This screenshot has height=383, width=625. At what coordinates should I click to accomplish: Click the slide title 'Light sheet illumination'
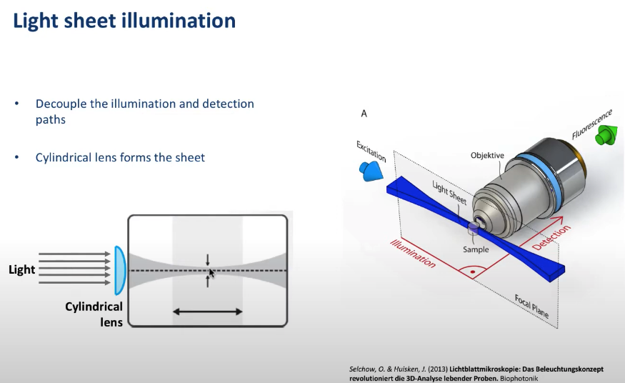[124, 21]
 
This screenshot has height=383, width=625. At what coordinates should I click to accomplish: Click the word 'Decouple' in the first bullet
[62, 104]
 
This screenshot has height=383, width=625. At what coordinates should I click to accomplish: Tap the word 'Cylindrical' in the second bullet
[66, 157]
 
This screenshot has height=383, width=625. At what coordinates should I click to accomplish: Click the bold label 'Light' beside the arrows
[21, 270]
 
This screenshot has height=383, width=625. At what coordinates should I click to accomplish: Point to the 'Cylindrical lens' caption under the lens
[94, 314]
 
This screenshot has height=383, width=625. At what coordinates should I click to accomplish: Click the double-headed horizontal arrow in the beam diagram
[208, 312]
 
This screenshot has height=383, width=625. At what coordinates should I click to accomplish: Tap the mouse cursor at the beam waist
[211, 274]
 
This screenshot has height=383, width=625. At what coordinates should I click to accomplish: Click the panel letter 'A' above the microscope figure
[364, 114]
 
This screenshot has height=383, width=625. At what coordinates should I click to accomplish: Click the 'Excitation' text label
[371, 151]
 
